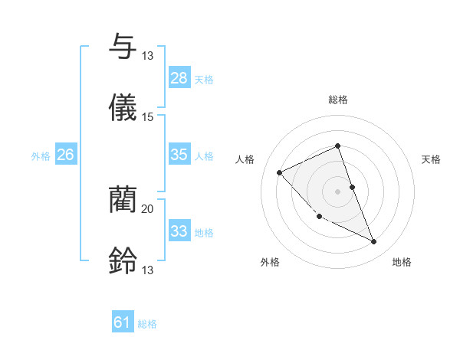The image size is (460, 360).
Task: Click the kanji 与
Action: [x=123, y=46]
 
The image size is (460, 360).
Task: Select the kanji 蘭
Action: [x=123, y=199]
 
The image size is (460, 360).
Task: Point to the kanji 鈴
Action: [x=123, y=261]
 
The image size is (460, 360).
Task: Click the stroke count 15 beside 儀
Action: [x=148, y=116]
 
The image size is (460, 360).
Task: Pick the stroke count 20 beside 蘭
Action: [x=148, y=208]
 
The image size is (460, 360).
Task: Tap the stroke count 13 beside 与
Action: [x=148, y=55]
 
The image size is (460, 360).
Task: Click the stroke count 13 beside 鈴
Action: [x=148, y=270]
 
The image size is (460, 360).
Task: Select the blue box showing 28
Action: [x=179, y=78]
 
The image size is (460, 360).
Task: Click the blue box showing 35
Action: [x=179, y=155]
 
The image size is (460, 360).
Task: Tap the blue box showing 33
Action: [x=179, y=231]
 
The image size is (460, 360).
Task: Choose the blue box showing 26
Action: [x=65, y=155]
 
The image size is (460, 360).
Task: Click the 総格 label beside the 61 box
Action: [x=147, y=324]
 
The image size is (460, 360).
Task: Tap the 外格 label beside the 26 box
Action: [x=41, y=155]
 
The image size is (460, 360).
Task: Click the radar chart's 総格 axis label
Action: [x=338, y=100]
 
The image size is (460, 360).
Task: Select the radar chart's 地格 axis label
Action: [x=402, y=263]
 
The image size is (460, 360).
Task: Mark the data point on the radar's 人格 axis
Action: [x=280, y=172]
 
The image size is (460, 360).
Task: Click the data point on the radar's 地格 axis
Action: [x=374, y=242]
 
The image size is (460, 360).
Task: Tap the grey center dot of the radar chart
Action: [x=338, y=191]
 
